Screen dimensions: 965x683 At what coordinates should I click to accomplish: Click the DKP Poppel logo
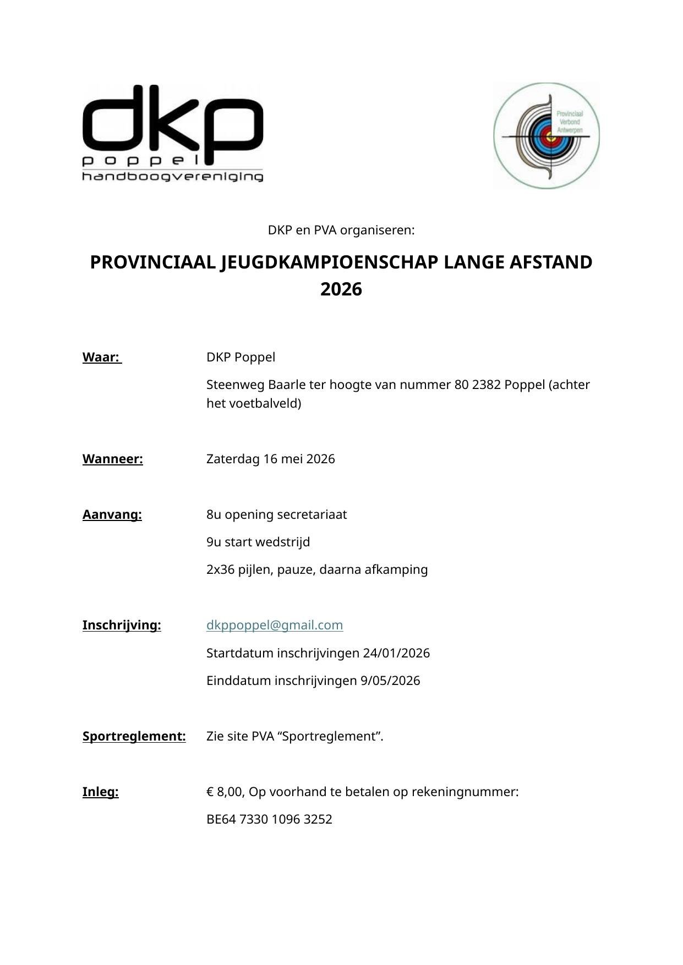click(x=172, y=133)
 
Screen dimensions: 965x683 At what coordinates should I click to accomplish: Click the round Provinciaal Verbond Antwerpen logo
click(x=546, y=135)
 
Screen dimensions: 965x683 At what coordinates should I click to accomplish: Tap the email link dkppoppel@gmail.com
click(x=274, y=625)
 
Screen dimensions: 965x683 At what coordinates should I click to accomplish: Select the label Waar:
click(x=101, y=357)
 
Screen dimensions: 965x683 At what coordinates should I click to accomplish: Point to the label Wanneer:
click(x=112, y=459)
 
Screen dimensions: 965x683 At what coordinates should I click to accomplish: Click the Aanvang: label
click(x=112, y=514)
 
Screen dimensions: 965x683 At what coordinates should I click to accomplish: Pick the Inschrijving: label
click(x=122, y=625)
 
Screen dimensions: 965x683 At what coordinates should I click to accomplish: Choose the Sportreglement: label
click(x=134, y=736)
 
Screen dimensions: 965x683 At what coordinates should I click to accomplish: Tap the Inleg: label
click(x=100, y=792)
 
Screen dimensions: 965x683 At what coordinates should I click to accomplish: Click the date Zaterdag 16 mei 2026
click(x=270, y=459)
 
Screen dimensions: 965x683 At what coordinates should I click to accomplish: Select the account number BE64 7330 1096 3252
click(x=269, y=819)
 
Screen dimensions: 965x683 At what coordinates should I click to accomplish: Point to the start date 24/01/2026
click(x=396, y=653)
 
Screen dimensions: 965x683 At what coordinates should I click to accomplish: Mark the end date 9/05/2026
click(x=390, y=681)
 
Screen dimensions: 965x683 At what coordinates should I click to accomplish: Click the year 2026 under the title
click(x=341, y=289)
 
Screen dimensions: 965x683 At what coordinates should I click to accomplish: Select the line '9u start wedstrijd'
click(x=258, y=542)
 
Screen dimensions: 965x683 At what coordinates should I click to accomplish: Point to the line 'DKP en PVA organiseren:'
click(x=341, y=230)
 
